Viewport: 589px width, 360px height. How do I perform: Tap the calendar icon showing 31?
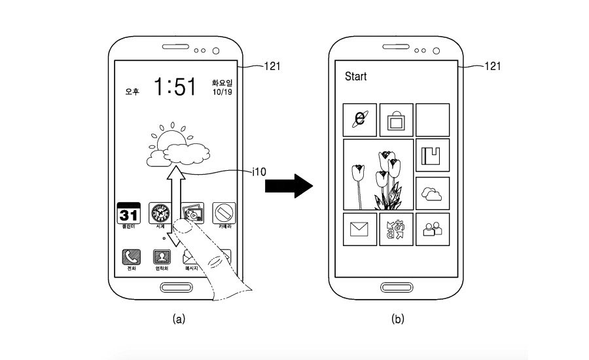coord(128,213)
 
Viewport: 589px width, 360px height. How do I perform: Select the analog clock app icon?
coord(160,213)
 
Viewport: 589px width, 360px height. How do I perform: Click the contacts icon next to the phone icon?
coord(161,257)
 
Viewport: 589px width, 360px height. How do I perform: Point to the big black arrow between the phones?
coord(289,186)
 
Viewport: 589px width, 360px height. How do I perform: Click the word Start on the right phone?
coord(356,77)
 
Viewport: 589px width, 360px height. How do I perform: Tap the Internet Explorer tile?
coord(359,119)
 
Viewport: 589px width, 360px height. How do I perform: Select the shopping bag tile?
coord(396,120)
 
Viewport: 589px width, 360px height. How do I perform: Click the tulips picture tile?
coord(378,175)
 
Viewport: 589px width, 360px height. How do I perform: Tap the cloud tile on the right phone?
coord(433,193)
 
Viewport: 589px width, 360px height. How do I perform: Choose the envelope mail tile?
coord(359,229)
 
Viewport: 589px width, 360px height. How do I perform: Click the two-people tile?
coord(433,229)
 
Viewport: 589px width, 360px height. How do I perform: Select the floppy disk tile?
coord(433,156)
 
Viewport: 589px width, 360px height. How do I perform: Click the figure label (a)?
coord(177,319)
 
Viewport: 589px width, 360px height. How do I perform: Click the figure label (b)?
coord(397,319)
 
